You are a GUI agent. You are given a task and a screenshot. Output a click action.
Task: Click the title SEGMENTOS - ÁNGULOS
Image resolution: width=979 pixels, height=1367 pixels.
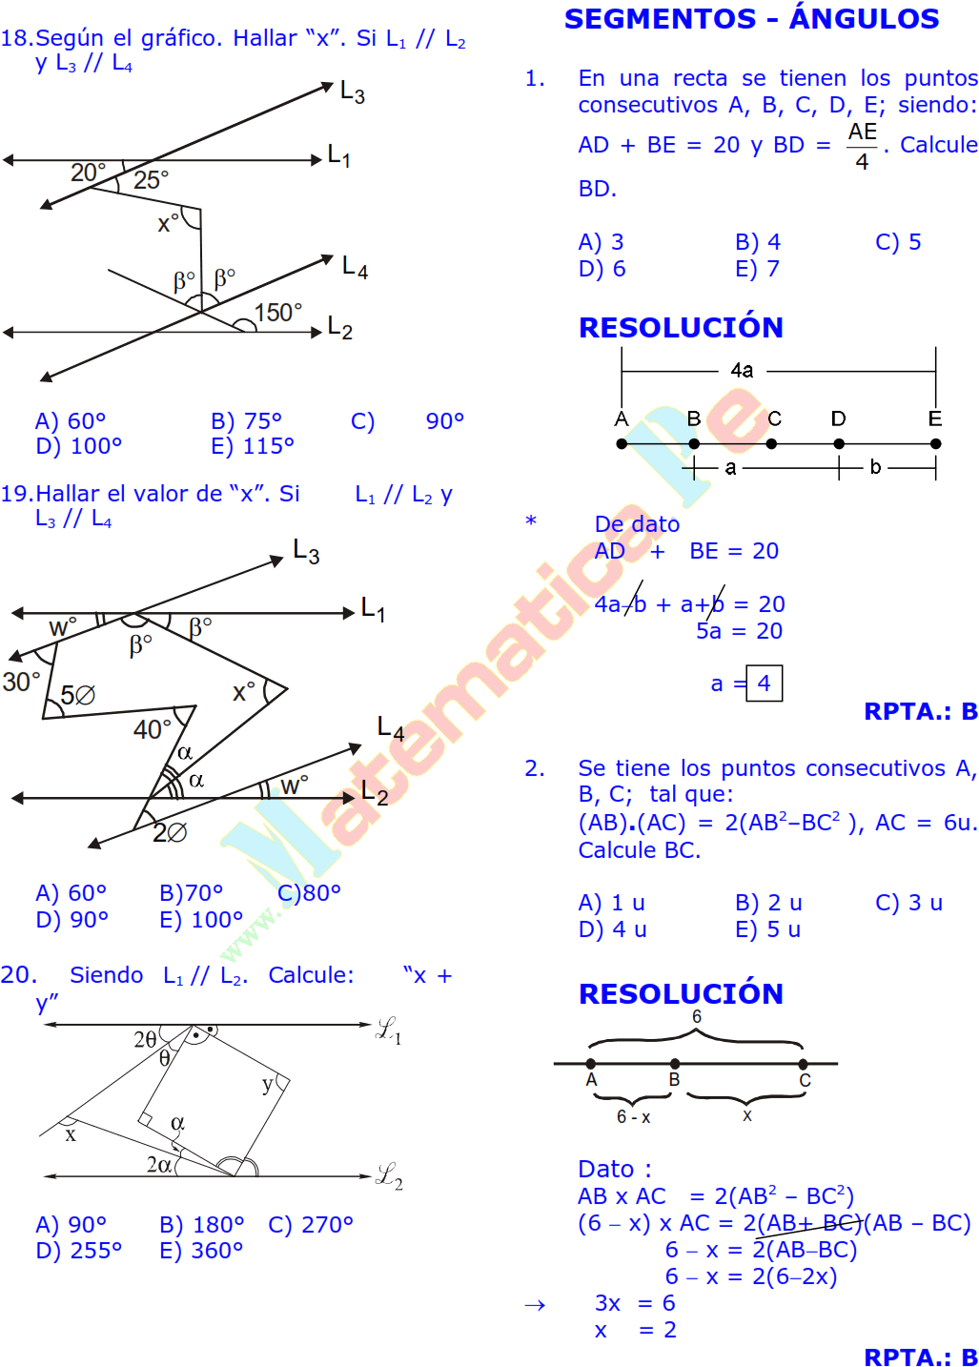point(751,18)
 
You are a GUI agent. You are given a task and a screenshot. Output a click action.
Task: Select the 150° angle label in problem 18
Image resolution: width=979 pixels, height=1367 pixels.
point(277,313)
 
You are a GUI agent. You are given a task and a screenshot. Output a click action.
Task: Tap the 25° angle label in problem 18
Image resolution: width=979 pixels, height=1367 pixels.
point(151,180)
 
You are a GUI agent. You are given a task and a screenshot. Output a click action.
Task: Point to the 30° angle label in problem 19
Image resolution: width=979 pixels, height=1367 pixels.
point(21,682)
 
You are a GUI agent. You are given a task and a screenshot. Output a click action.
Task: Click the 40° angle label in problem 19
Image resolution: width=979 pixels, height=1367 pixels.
point(153,729)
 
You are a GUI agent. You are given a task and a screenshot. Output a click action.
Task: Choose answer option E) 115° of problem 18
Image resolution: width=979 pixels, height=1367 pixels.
point(253,446)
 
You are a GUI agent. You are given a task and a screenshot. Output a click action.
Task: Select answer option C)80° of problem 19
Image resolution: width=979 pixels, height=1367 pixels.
point(309,893)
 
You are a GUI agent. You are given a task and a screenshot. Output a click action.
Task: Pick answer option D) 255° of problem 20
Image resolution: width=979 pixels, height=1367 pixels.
point(79,1251)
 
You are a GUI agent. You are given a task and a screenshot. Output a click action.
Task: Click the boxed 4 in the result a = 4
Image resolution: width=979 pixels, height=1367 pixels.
point(765,683)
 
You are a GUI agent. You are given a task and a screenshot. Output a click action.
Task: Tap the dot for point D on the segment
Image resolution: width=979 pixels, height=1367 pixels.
point(839,443)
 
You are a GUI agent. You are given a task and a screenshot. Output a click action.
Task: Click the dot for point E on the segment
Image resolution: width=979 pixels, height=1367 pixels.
point(936,443)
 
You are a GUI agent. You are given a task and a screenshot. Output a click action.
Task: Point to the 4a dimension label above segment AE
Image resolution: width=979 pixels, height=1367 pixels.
point(743,371)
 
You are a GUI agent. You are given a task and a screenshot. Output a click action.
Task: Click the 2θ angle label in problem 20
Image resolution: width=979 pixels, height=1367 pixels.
point(145,1039)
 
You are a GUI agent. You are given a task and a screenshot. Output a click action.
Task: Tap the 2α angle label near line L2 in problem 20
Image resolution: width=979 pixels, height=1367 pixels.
point(159,1164)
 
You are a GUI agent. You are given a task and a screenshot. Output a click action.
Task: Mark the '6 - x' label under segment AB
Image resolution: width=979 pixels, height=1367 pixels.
point(634,1117)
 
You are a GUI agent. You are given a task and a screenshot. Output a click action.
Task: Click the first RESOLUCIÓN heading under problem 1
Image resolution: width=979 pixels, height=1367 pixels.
point(681,328)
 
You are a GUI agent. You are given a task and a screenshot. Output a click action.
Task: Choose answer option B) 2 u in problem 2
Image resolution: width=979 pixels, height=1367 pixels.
point(768,902)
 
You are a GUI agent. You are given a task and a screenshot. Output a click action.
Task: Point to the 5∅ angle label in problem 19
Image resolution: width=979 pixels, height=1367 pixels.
point(77,695)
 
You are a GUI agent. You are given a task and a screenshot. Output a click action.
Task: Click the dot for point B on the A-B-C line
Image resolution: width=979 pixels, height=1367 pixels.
point(675,1063)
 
